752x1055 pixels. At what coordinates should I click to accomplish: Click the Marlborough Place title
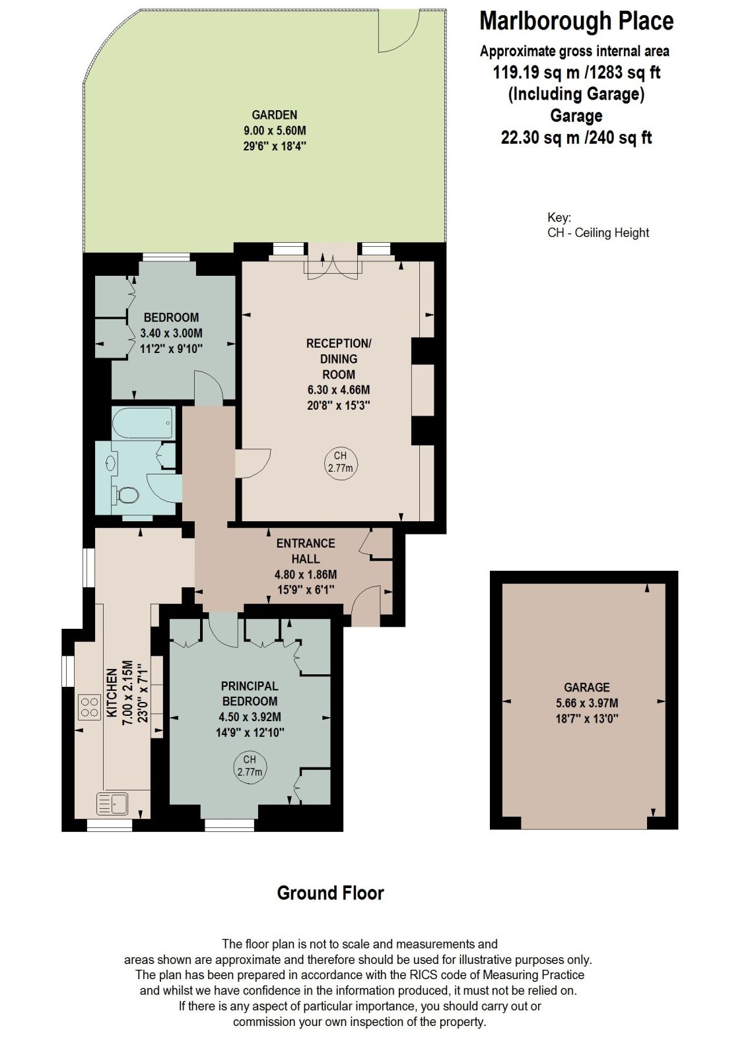(x=576, y=21)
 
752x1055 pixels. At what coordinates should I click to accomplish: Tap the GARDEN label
(x=274, y=115)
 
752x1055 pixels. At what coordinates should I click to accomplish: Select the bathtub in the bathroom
(x=143, y=423)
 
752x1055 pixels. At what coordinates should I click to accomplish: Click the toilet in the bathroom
(x=126, y=495)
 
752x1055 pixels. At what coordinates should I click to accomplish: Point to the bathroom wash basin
(x=111, y=463)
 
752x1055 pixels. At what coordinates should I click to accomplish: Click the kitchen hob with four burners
(x=90, y=708)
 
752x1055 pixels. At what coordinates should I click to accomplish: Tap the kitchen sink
(x=112, y=804)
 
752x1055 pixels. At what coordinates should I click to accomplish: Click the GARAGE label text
(x=587, y=687)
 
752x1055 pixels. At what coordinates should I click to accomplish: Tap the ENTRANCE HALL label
(x=305, y=551)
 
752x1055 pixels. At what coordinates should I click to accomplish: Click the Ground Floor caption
(x=330, y=893)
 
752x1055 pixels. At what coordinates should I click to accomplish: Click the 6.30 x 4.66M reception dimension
(x=338, y=390)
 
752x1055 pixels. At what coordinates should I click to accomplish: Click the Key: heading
(x=559, y=218)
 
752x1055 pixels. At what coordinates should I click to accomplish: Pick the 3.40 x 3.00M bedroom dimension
(x=172, y=333)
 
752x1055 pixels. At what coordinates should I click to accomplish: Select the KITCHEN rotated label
(x=112, y=693)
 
